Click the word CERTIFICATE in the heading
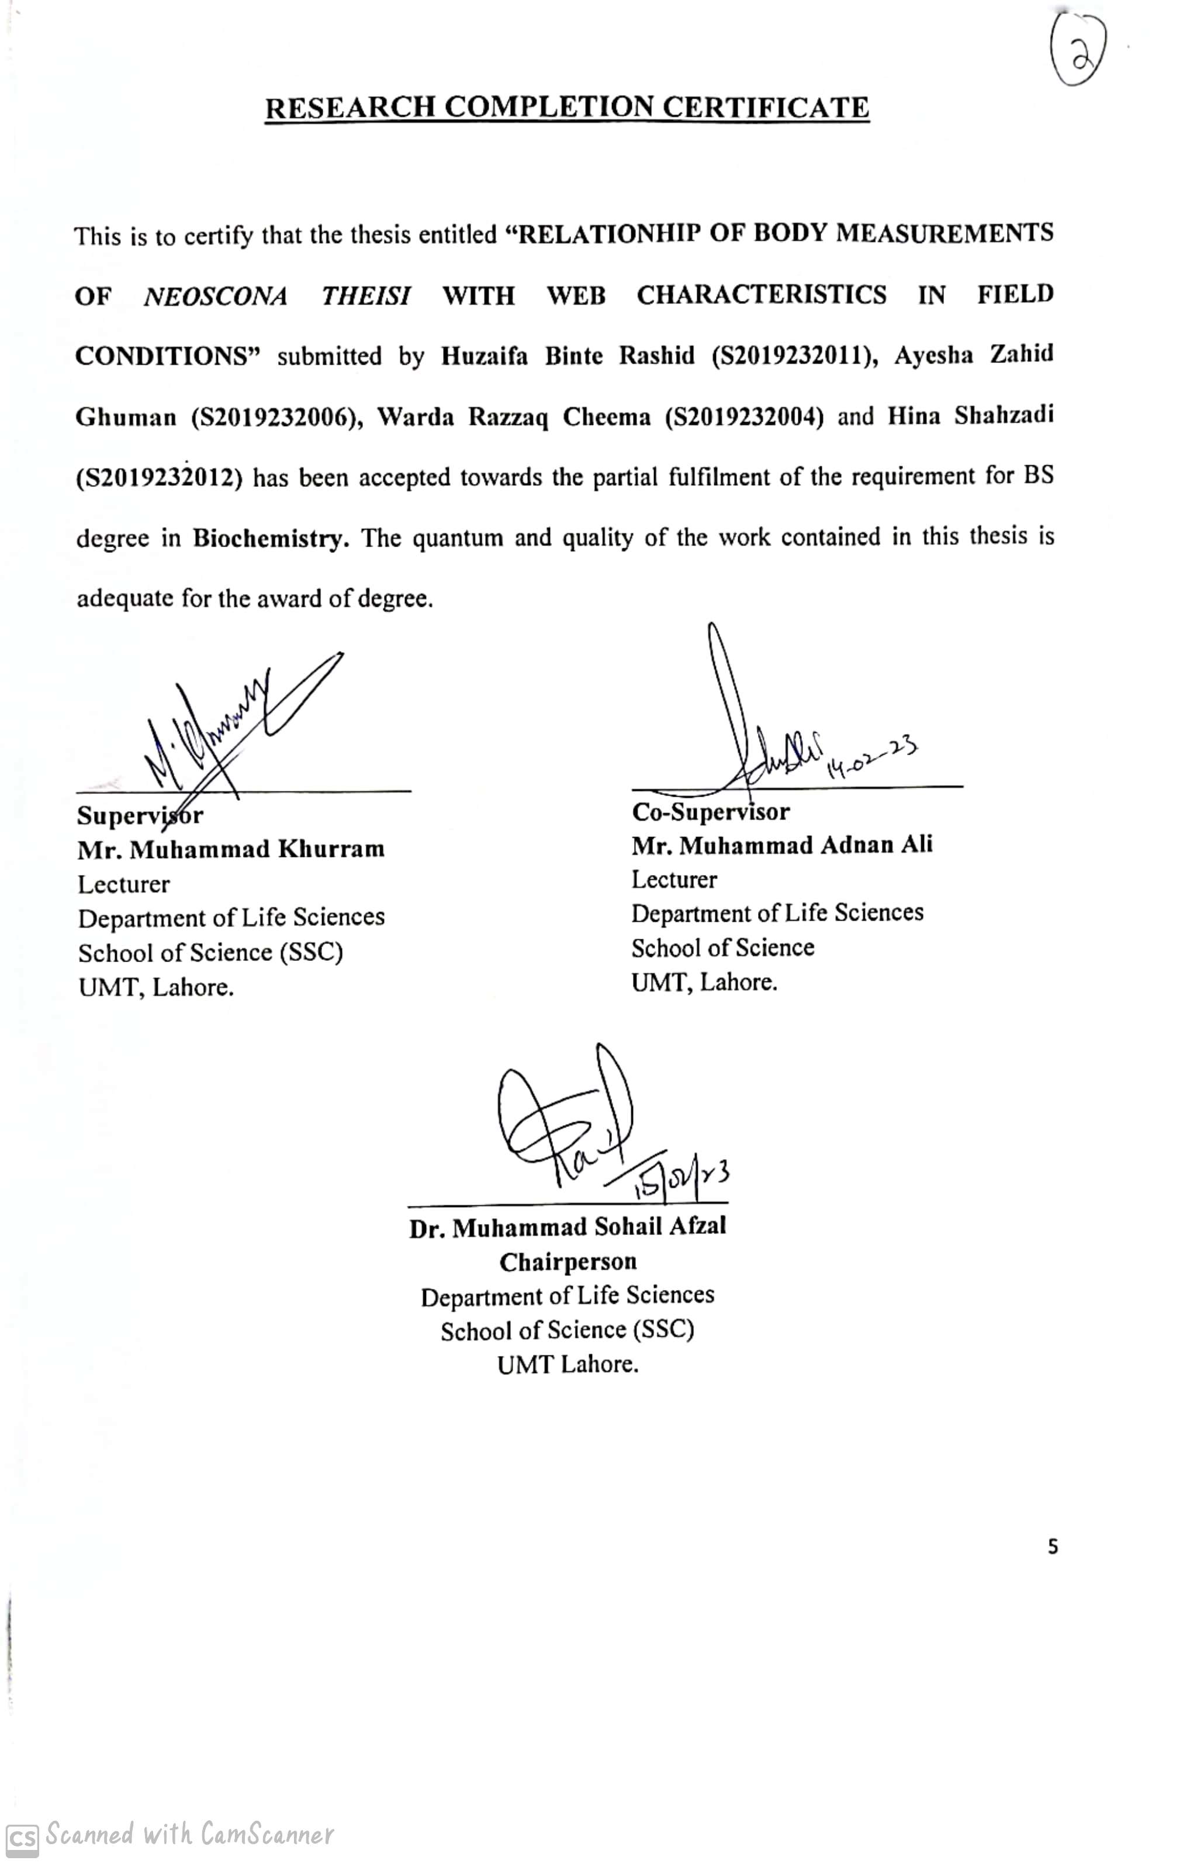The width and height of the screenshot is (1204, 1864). (766, 107)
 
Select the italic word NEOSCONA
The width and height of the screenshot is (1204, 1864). (215, 296)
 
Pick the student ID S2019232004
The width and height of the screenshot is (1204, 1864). (743, 417)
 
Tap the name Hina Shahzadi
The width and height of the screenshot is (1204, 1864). (970, 415)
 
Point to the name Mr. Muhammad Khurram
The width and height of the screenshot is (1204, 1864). (231, 849)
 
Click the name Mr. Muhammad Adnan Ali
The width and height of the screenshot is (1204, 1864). (782, 845)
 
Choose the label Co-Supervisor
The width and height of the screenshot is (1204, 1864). (711, 811)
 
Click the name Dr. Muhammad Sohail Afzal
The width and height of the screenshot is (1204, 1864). (567, 1227)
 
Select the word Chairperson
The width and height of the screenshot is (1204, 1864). (568, 1261)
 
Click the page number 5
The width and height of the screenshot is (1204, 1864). (1052, 1546)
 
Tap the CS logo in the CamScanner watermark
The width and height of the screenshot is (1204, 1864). (22, 1837)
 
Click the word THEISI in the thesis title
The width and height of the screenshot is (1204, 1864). (366, 296)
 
